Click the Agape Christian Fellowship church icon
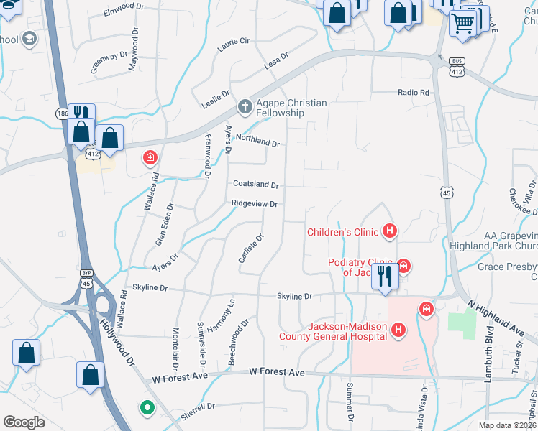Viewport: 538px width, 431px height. coord(245,107)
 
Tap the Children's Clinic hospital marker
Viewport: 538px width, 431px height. coord(390,231)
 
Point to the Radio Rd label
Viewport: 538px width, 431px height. coord(414,93)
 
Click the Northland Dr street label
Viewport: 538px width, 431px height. coord(257,144)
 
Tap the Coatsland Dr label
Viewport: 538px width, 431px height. coord(255,185)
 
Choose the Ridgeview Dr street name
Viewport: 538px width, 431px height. coord(254,204)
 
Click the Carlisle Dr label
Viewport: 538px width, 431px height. coord(251,248)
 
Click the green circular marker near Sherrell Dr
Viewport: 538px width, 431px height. coord(147,408)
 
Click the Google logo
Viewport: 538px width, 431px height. coord(24,422)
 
